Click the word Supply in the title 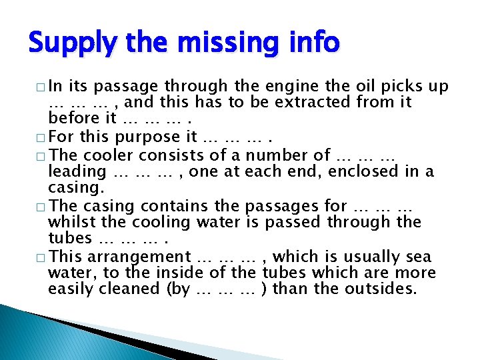pyautogui.click(x=65, y=44)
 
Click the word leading pyautogui.click(x=77, y=172)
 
